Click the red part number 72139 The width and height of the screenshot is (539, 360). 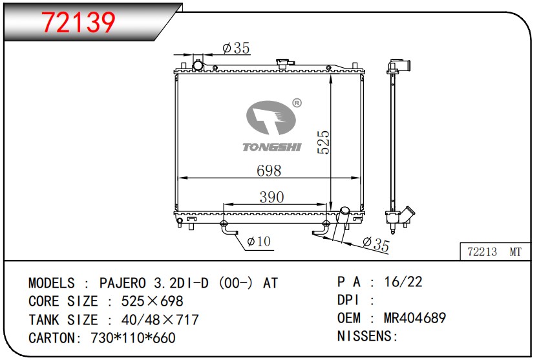pos(78,22)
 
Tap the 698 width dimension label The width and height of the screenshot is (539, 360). pos(269,171)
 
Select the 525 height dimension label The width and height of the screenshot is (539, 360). pos(323,142)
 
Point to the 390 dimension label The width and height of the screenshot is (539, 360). pos(271,197)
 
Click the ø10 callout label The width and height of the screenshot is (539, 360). pos(259,241)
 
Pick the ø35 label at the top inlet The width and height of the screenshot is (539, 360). pos(236,48)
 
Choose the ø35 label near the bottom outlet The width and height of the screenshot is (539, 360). pos(375,244)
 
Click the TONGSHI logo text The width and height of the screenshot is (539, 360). pos(272,147)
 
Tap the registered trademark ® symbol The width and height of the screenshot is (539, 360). pos(297,103)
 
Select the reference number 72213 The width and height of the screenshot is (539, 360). pos(482,251)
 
